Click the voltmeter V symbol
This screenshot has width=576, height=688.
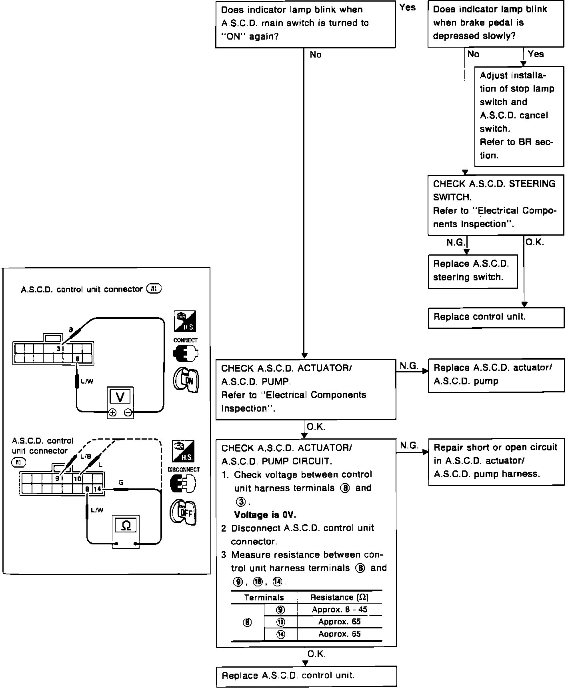(120, 397)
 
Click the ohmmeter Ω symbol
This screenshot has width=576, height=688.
(126, 526)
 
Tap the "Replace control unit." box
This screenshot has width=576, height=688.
(496, 317)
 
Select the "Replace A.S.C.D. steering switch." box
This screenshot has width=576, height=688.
(472, 271)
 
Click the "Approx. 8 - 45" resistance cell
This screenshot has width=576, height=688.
(339, 610)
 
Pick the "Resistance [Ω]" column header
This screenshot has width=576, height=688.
(339, 597)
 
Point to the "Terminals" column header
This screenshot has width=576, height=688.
(264, 598)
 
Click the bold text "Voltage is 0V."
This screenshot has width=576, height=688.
(265, 515)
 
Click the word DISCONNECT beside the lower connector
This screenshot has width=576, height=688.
(184, 470)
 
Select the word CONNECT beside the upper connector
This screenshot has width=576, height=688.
(185, 340)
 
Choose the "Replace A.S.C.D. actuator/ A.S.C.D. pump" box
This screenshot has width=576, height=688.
(496, 375)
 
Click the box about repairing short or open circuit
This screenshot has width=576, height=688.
(496, 461)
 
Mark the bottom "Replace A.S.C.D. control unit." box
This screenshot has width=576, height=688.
(306, 676)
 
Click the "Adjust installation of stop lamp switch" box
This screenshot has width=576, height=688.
(519, 116)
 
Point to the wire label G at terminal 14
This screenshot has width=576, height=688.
(121, 483)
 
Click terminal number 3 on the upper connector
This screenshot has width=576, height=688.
(58, 348)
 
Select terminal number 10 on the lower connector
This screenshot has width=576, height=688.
(78, 479)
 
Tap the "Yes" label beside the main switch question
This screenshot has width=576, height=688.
(407, 8)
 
